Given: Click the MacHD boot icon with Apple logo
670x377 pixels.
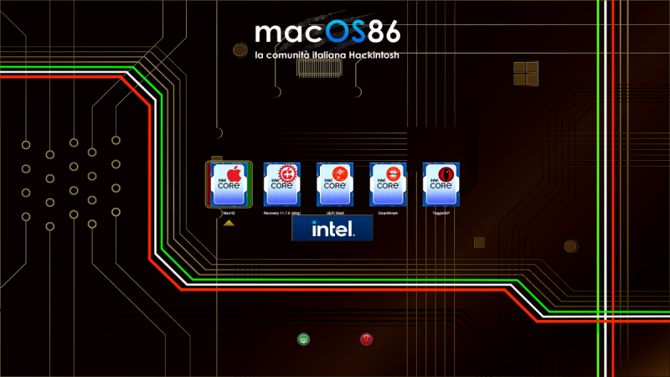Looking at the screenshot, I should point(229,184).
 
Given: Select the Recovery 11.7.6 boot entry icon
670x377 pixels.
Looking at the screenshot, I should point(282,184).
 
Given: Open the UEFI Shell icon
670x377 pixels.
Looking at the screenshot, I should point(335,184).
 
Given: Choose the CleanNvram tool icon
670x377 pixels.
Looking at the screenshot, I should point(388,184).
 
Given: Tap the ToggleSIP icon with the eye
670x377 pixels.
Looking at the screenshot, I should point(441,184).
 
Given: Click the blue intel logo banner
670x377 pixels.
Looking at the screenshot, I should point(332,228).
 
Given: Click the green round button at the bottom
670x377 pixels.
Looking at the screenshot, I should point(303,339).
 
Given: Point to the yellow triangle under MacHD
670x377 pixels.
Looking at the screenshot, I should point(229,222).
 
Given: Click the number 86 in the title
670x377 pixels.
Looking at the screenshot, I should point(383,32).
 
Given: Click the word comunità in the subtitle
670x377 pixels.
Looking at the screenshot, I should point(289,55).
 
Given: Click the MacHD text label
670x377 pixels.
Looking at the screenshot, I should point(229,214).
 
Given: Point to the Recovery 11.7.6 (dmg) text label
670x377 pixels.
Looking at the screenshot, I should point(282,214).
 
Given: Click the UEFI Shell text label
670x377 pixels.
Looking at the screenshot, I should point(335,214).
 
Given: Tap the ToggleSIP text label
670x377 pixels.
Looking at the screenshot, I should point(441,214).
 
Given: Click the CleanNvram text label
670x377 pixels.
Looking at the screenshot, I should point(388,214).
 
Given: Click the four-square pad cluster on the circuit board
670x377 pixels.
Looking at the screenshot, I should point(526,72).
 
